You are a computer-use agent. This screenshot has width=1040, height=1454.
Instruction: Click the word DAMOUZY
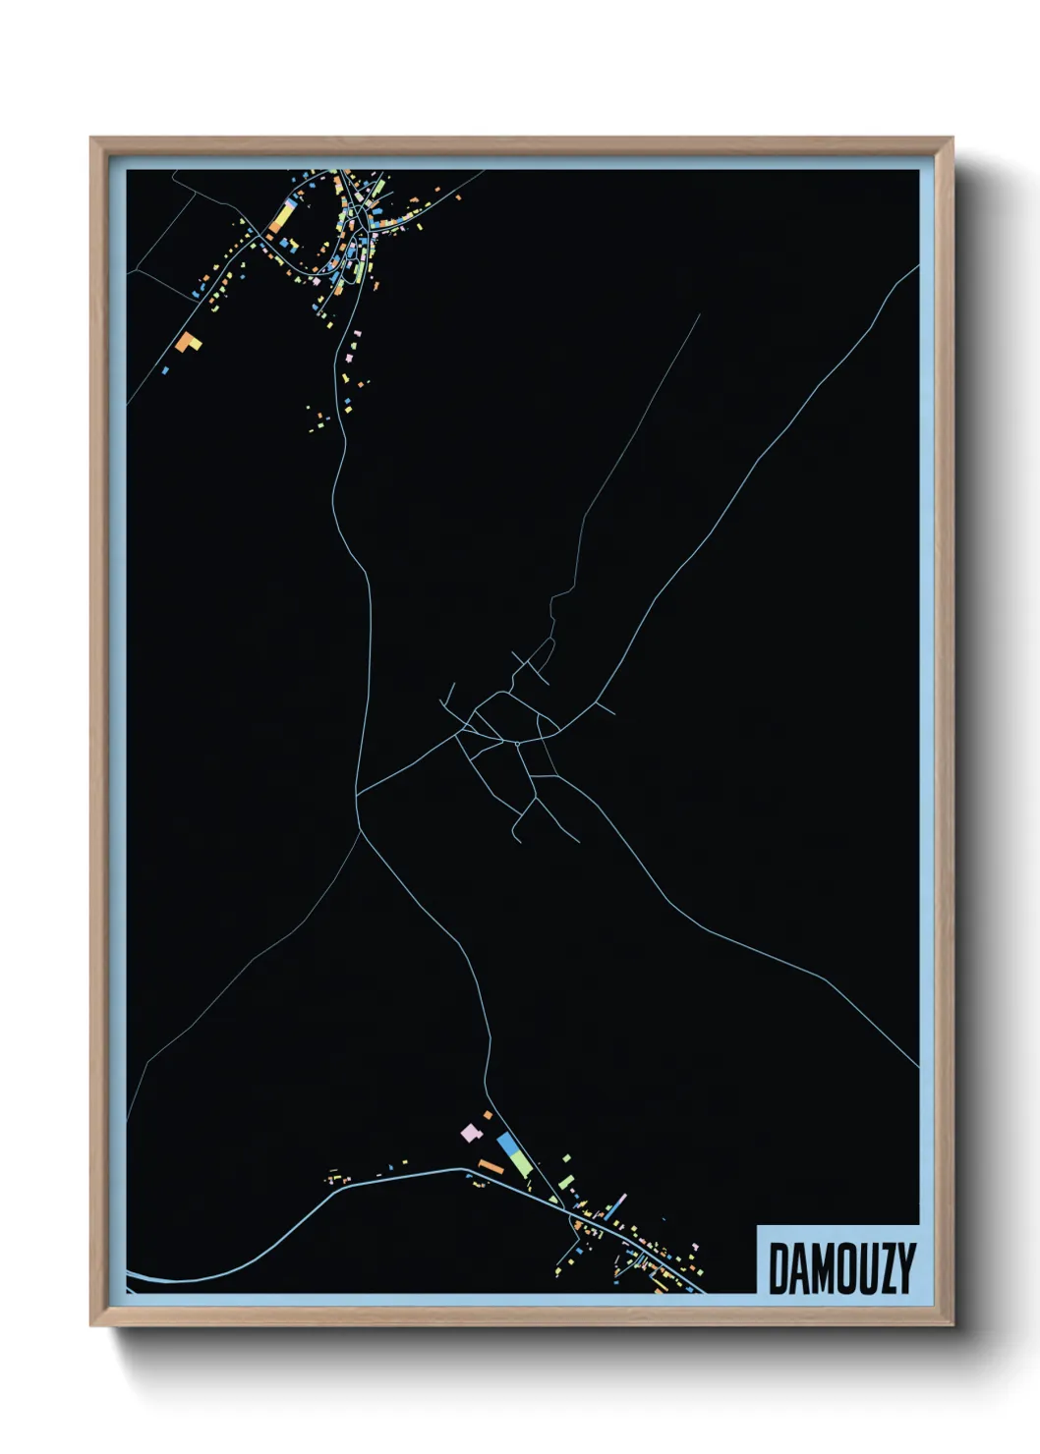point(840,1268)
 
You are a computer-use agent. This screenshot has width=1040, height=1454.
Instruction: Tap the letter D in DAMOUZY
point(778,1268)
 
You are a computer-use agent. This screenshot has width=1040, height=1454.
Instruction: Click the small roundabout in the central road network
point(518,744)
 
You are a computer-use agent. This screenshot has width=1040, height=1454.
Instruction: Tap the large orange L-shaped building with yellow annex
point(187,342)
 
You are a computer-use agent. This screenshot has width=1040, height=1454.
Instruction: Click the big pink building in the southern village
point(471,1133)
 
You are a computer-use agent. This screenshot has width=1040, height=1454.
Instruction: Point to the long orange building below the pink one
point(491,1166)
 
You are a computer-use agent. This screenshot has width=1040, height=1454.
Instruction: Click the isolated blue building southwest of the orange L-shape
point(165,370)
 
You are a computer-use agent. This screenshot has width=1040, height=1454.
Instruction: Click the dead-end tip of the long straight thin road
point(700,315)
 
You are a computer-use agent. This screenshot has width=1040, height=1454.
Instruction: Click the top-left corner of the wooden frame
point(91,140)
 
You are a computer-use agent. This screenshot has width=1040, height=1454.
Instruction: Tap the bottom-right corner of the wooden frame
point(952,1324)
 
